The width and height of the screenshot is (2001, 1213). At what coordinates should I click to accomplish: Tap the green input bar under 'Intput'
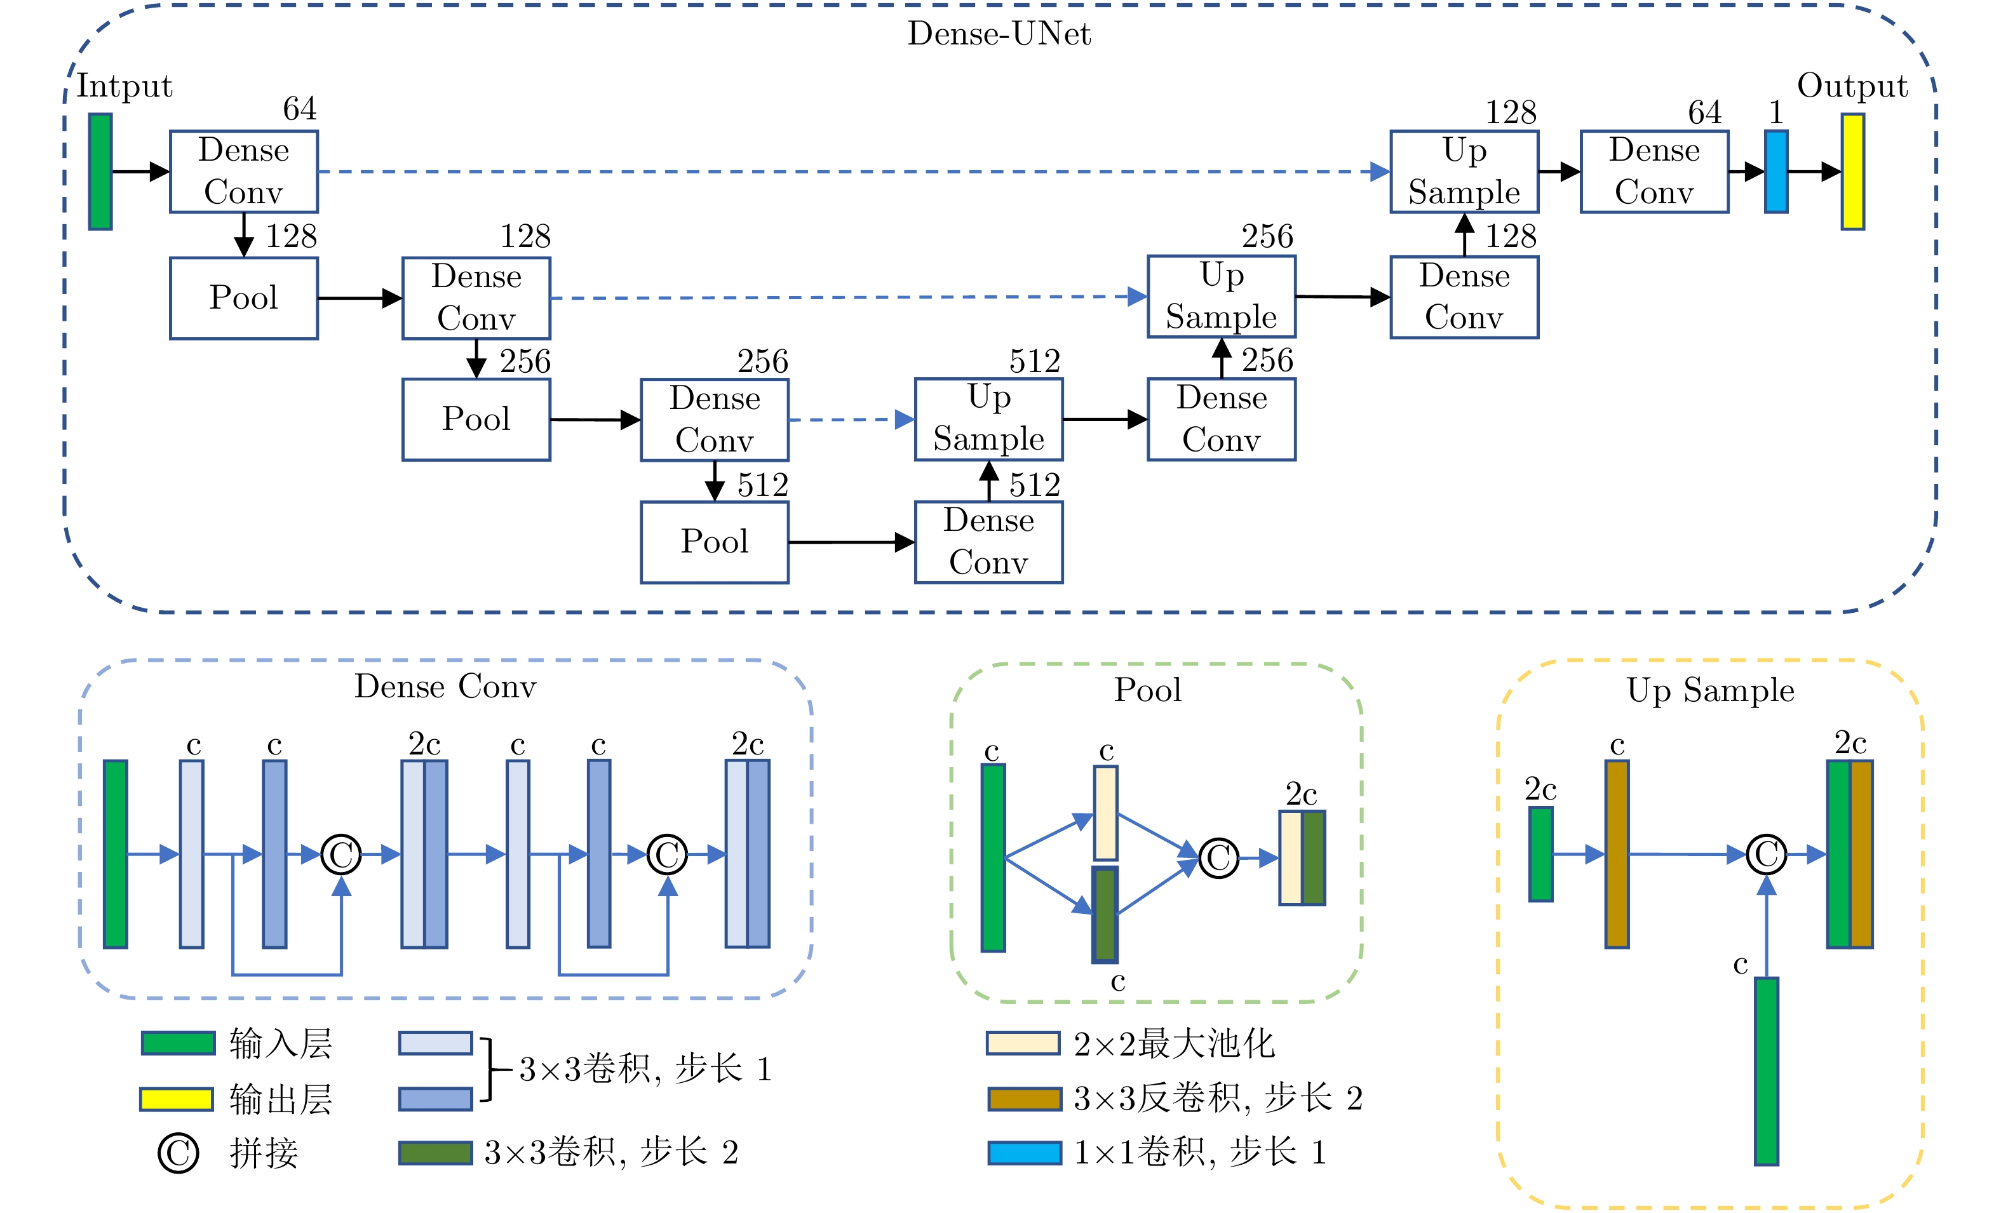[100, 171]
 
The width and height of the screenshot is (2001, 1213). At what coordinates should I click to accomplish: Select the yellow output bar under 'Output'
[1852, 171]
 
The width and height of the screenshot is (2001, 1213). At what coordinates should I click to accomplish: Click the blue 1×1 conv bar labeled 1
[1776, 171]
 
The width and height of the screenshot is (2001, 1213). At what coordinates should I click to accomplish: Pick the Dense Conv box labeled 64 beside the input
[244, 171]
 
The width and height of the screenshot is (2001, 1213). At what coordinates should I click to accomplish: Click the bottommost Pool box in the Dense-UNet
[715, 542]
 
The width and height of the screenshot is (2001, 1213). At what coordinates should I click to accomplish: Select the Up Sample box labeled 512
[988, 419]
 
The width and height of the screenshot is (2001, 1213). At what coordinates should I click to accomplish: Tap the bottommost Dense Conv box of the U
[988, 542]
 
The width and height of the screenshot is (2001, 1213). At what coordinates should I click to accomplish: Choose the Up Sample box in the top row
[1464, 171]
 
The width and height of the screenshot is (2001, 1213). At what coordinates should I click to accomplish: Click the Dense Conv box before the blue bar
[1654, 171]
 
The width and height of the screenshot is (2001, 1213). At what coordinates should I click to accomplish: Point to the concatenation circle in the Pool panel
[1219, 857]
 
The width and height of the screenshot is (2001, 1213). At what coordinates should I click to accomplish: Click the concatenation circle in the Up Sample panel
[1767, 854]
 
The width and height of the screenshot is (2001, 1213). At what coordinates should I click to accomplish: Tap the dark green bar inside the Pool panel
[1105, 915]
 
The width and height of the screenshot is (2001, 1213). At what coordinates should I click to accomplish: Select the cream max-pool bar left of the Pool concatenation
[1105, 813]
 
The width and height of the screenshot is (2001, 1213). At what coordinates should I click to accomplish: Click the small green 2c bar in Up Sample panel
[1540, 854]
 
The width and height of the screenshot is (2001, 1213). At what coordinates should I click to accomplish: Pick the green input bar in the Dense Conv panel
[116, 854]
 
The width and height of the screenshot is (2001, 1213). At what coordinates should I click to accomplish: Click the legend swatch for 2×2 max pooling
[1023, 1043]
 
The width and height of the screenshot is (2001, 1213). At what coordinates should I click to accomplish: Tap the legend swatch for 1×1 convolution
[1024, 1152]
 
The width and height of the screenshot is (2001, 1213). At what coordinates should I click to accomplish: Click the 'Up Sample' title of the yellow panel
[1710, 690]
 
